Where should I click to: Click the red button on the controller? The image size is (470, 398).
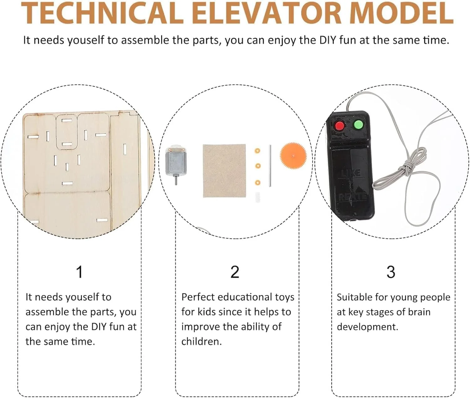(x=339, y=126)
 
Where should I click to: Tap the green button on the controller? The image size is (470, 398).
(x=358, y=125)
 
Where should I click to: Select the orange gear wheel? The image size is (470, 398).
(x=293, y=156)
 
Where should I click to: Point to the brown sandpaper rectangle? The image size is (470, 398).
(x=224, y=171)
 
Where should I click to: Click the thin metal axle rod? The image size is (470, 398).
(x=270, y=165)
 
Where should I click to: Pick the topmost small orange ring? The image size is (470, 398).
(x=257, y=150)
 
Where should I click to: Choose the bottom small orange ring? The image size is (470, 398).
(x=257, y=182)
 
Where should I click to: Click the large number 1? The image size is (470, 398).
(x=79, y=272)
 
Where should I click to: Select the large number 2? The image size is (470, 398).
(x=235, y=272)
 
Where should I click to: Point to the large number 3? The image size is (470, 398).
(x=391, y=272)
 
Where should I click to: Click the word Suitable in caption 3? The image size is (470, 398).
(x=353, y=297)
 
